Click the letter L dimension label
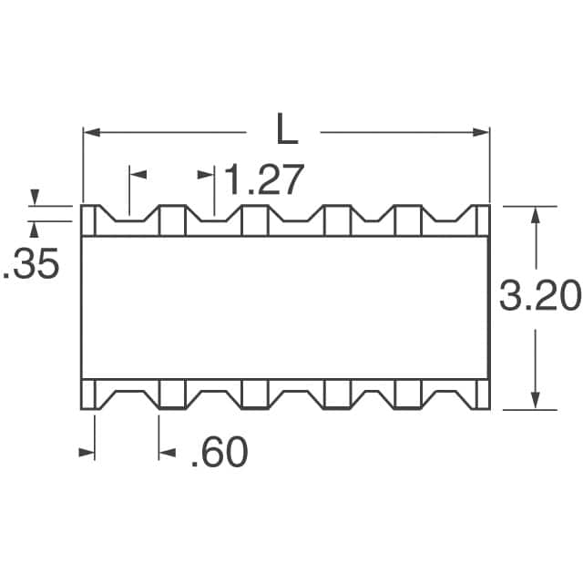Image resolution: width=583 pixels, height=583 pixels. coord(287,131)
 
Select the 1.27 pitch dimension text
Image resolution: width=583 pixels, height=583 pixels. coord(262,180)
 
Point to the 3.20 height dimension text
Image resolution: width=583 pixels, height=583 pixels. coord(540,297)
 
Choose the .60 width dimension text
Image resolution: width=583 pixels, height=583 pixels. coord(219,453)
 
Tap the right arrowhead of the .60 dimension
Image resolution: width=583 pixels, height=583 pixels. coord(165,452)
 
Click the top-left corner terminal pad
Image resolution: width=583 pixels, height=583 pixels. coord(89,220)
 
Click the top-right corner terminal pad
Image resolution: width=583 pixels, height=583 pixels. coord(483,220)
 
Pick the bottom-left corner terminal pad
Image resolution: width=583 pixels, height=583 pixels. coord(89,393)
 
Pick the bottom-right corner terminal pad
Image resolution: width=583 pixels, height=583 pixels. coord(483,393)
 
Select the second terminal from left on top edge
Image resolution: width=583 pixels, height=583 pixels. coord(172,220)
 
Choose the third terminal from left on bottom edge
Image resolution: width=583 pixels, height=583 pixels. coord(254,393)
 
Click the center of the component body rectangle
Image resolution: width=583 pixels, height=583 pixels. coord(286,307)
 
